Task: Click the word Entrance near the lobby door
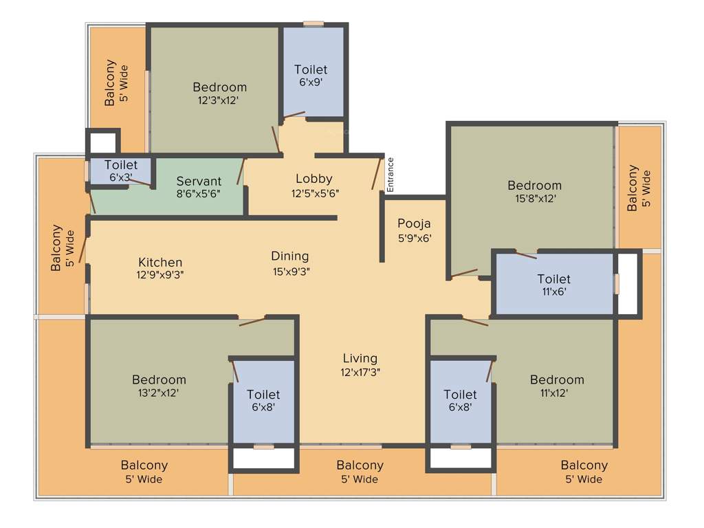click(390, 174)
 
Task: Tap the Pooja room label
click(414, 223)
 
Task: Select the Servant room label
click(199, 181)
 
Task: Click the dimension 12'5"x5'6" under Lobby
click(314, 192)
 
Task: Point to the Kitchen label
click(160, 262)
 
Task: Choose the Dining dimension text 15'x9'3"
click(290, 271)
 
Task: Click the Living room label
click(360, 358)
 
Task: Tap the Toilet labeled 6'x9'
click(311, 69)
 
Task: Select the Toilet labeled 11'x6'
click(553, 279)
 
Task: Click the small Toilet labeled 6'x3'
click(121, 165)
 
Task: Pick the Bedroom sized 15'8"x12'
click(534, 185)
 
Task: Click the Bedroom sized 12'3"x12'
click(219, 87)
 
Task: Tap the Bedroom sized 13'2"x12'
click(159, 379)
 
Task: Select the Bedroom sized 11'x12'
click(557, 379)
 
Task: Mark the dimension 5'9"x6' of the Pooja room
click(414, 239)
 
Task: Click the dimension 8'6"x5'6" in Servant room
click(199, 195)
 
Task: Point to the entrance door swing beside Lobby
click(377, 173)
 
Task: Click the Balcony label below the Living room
click(360, 465)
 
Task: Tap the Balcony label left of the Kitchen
click(56, 248)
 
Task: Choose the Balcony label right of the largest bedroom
click(633, 188)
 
